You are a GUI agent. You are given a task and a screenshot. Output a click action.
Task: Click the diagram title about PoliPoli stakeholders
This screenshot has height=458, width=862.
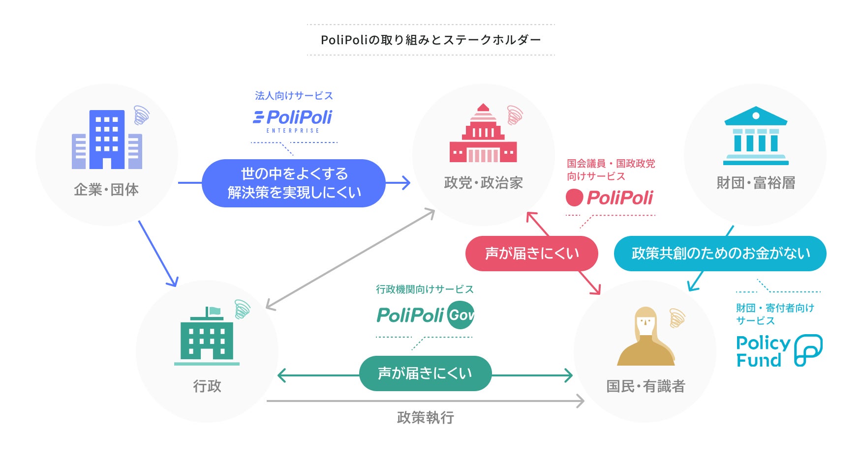431,40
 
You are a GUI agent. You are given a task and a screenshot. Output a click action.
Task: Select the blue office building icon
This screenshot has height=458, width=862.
107,140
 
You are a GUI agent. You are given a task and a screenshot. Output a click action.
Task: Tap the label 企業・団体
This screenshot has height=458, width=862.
106,190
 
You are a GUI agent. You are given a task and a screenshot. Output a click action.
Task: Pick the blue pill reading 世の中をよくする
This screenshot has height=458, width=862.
294,183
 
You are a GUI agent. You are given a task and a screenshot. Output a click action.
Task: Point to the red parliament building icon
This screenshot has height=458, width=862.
483,133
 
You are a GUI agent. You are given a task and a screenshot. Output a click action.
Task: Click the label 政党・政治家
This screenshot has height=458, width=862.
483,183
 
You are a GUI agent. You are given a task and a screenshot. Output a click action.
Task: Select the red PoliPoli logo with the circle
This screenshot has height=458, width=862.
610,198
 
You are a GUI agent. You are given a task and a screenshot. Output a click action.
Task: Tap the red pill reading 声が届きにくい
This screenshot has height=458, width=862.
532,254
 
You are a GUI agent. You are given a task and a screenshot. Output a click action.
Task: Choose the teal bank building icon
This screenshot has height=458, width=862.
756,136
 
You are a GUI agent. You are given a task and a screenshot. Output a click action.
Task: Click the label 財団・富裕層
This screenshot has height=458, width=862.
756,183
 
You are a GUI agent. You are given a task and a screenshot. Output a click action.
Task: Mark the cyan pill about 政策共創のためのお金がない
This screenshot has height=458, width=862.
720,254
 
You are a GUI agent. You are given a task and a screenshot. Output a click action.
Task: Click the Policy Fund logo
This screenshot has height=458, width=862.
779,351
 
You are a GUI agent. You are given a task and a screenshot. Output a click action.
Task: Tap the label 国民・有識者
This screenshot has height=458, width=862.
646,386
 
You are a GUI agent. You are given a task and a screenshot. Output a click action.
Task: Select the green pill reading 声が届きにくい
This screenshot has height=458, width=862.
426,373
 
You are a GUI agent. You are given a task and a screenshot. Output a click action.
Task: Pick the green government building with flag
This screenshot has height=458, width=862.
207,336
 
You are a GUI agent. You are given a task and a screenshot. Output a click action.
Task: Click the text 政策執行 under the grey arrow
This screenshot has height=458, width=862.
426,418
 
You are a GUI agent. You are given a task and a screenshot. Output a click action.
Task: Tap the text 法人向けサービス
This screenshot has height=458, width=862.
294,95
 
